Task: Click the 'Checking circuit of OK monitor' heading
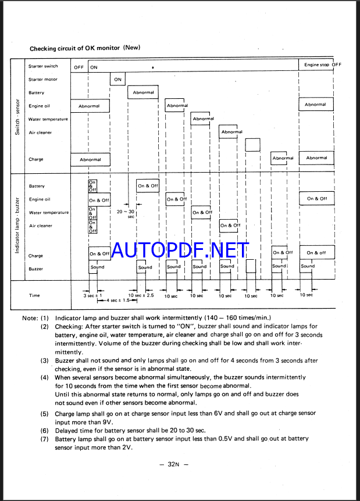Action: (x=85, y=48)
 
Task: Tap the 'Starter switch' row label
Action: (x=44, y=66)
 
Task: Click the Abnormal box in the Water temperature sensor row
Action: (x=203, y=119)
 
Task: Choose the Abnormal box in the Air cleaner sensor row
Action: (x=231, y=132)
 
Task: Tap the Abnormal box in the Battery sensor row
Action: (x=143, y=92)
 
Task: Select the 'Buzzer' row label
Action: (x=36, y=269)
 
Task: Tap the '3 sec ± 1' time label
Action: (x=93, y=296)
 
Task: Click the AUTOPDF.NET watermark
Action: (x=180, y=250)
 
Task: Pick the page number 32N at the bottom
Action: (x=179, y=464)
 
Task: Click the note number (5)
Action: (x=44, y=414)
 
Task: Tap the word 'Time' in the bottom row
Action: (x=34, y=296)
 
